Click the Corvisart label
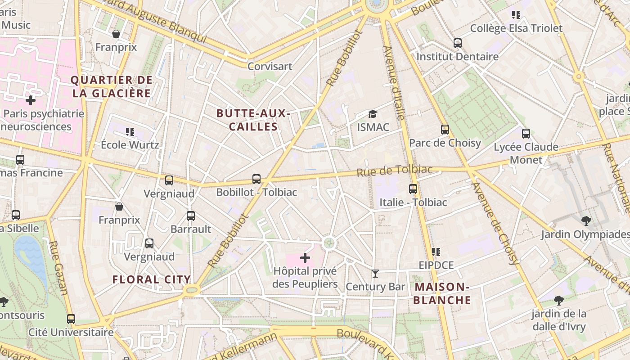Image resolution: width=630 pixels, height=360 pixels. coord(270,66)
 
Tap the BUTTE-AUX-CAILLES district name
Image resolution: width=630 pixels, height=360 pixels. coord(253,120)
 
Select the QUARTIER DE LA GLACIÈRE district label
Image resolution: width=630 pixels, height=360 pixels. coord(112,87)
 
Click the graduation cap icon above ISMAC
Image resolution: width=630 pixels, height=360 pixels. coord(373,114)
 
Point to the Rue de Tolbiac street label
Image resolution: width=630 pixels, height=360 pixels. coord(394,171)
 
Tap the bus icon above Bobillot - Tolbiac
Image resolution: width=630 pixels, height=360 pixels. coord(256,179)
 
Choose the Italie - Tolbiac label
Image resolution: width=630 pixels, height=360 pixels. coord(413,202)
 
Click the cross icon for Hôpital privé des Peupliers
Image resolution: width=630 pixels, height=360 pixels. coord(305,258)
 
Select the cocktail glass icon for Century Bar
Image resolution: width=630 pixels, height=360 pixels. coord(375,273)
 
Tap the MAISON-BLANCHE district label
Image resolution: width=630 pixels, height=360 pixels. coord(442,293)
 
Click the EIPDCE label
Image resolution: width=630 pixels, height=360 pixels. coord(436,265)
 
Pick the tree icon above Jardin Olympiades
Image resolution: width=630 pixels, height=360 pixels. coord(586,220)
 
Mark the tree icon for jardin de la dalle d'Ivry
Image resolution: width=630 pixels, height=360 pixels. coord(558,300)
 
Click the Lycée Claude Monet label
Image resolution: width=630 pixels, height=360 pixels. coord(526,153)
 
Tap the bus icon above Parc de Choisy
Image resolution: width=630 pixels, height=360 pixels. coord(445,130)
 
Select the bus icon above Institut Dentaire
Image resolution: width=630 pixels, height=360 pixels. coord(458,43)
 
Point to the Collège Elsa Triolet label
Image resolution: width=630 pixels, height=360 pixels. coord(516,28)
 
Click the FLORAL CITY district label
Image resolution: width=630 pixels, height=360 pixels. coord(152,279)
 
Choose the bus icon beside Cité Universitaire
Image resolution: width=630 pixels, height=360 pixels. coord(71,319)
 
